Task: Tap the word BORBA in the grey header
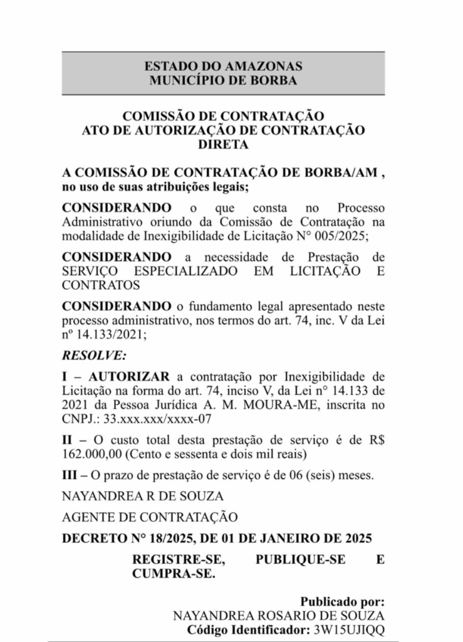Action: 273,80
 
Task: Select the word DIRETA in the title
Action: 223,144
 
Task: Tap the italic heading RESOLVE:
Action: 94,355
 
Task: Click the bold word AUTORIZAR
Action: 129,376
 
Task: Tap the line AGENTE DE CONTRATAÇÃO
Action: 150,517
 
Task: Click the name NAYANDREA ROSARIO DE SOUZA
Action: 278,615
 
